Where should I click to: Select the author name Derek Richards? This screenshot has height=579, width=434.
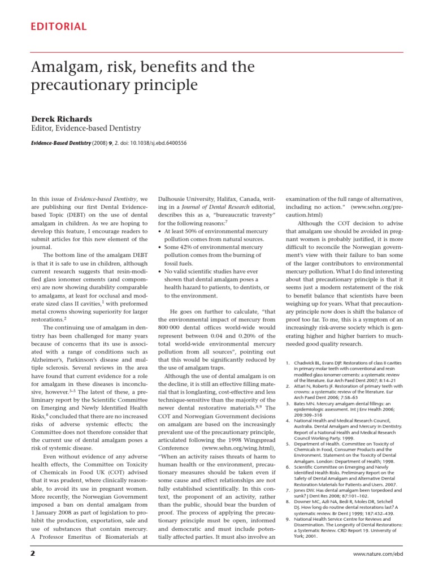tap(61, 119)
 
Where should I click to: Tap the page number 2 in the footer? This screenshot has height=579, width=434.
tap(33, 553)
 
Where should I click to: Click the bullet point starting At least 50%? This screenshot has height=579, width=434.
tap(214, 232)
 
